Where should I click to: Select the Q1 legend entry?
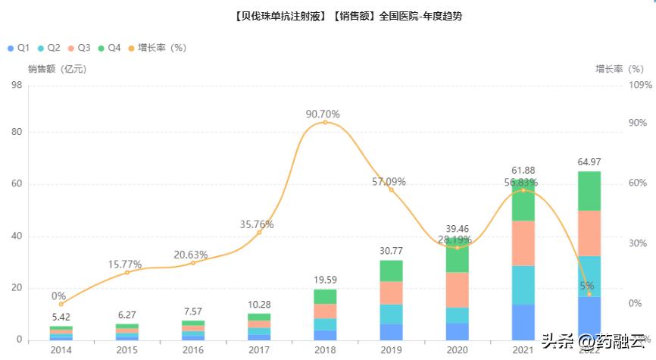pos(19,48)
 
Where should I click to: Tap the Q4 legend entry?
pos(109,48)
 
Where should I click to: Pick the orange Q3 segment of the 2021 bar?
pos(523,243)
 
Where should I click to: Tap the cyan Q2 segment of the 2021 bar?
pos(523,285)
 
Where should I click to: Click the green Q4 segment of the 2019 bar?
pos(391,271)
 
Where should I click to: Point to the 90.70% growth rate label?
pos(323,114)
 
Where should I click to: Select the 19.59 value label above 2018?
pos(325,280)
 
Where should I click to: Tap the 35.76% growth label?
pos(256,224)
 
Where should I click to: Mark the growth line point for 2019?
pos(391,189)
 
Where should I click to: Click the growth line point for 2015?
pos(127,272)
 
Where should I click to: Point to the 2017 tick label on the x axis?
pos(259,350)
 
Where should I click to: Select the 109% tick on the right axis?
pos(640,85)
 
